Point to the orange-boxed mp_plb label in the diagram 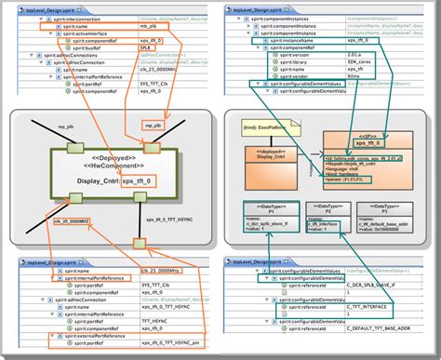point(154,124)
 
